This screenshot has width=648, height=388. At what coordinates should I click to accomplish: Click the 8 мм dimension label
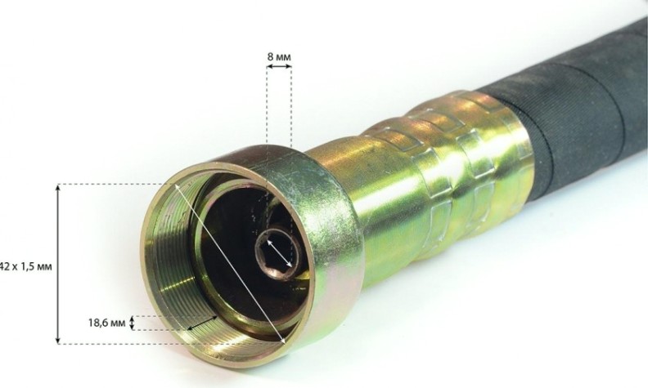[x=278, y=57]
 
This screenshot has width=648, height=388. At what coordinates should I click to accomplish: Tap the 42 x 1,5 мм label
[x=25, y=266]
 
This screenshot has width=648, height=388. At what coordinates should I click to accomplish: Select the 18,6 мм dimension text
[x=106, y=323]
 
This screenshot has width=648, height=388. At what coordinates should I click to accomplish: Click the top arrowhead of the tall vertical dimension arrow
[x=58, y=188]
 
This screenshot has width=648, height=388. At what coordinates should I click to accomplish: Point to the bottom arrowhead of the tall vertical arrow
[x=58, y=340]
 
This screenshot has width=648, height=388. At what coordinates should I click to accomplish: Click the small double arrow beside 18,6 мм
[x=132, y=323]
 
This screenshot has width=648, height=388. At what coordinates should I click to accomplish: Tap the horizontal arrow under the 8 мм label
[x=279, y=66]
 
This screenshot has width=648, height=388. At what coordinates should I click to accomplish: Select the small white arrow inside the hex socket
[x=279, y=253]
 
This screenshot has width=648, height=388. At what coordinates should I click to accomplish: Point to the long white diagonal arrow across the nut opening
[x=230, y=264]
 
